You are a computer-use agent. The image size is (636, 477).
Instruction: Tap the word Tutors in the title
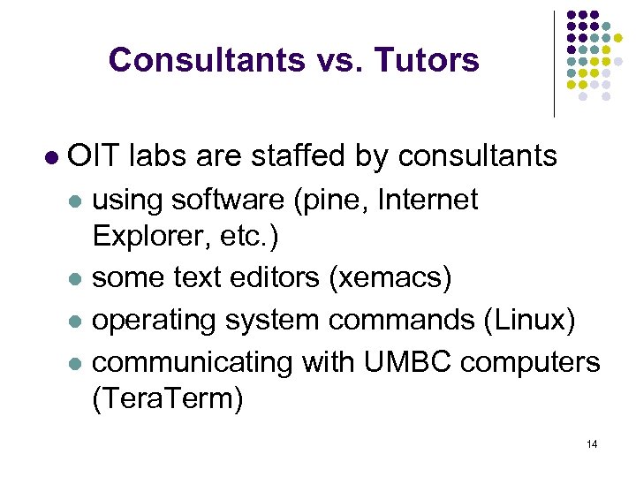click(427, 60)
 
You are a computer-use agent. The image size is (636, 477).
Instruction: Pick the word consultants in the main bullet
click(478, 156)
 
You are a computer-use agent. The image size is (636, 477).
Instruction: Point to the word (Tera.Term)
click(167, 398)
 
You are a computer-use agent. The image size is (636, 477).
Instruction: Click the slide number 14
click(591, 443)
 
